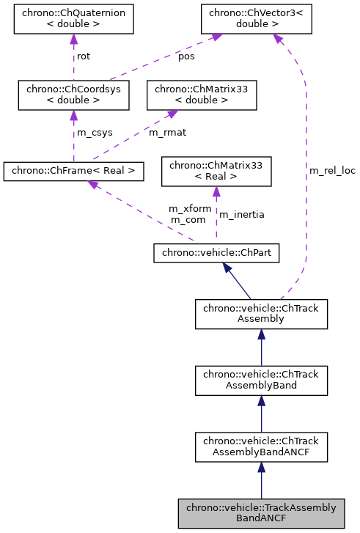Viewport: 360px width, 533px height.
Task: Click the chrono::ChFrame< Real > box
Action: point(73,172)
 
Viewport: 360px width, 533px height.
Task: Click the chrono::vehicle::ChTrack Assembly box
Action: point(261,314)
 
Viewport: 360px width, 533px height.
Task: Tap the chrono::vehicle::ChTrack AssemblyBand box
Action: point(261,380)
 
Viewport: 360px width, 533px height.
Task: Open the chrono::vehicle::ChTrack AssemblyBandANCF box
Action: point(261,446)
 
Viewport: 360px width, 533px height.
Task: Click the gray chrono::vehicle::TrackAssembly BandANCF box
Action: point(261,513)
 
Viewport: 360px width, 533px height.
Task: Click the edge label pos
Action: point(187,56)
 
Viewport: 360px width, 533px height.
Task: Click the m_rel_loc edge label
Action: point(331,170)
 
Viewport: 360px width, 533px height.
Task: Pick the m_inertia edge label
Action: point(242,214)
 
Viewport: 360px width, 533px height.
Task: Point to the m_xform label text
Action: point(189,208)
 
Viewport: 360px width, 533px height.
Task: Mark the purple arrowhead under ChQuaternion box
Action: point(73,40)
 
